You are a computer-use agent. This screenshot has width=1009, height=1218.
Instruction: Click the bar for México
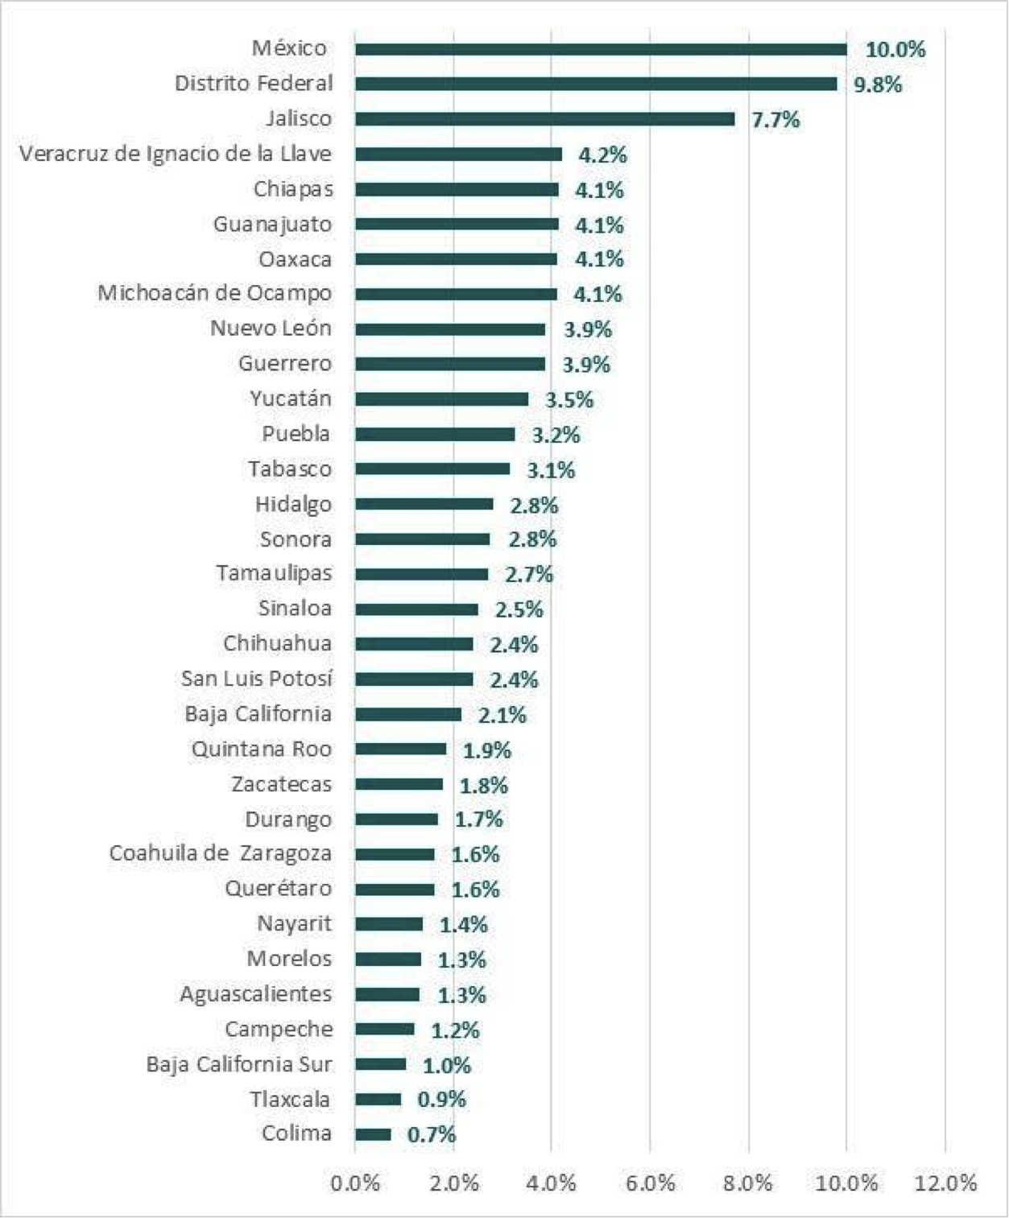[601, 50]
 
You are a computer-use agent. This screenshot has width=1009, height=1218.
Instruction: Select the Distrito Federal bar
[596, 85]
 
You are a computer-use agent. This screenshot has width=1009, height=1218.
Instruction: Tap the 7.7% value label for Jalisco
[775, 120]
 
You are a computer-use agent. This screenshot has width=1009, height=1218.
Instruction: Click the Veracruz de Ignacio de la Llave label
[176, 154]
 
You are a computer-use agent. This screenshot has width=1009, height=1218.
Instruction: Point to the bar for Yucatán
[441, 399]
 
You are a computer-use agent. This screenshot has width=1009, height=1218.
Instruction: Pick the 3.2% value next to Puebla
[556, 435]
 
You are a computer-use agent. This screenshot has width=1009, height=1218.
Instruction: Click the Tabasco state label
[290, 469]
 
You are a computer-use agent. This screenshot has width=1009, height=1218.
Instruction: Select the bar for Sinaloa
[416, 609]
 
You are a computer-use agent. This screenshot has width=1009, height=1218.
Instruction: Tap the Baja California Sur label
[239, 1064]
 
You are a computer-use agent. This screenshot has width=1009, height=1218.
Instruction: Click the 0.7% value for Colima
[432, 1135]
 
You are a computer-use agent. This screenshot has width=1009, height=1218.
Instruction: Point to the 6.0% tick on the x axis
[650, 1183]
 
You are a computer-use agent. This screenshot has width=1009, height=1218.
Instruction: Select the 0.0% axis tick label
[355, 1183]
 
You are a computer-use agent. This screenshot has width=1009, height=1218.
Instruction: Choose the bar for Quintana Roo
[400, 749]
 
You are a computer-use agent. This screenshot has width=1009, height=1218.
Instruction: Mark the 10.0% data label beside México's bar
[895, 50]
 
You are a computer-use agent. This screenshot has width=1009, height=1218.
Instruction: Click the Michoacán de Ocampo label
[215, 293]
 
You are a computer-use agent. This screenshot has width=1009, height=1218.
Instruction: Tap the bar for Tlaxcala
[378, 1100]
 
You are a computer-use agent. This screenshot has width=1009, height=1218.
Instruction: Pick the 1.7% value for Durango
[479, 820]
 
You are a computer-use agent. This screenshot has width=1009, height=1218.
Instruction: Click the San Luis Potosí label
[257, 679]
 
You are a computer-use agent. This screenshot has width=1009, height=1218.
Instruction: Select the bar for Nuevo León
[450, 329]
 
